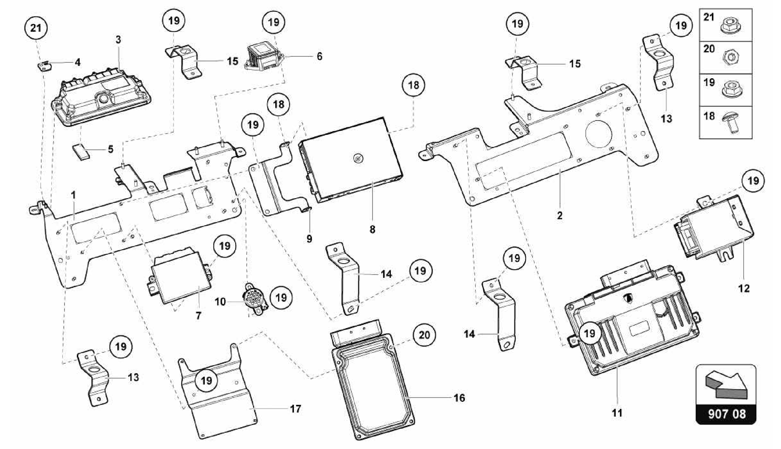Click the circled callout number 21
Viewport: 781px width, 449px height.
pyautogui.click(x=36, y=28)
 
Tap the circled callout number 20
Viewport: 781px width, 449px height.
pyautogui.click(x=424, y=335)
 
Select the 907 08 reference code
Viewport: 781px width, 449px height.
pyautogui.click(x=726, y=414)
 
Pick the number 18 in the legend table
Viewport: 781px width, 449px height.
pyautogui.click(x=709, y=116)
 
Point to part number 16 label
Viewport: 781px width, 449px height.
pyautogui.click(x=459, y=398)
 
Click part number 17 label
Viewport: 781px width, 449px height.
pyautogui.click(x=296, y=409)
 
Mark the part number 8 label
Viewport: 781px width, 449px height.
pyautogui.click(x=372, y=229)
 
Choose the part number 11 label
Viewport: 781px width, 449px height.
pyautogui.click(x=617, y=412)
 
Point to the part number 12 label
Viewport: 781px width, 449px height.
pyautogui.click(x=744, y=288)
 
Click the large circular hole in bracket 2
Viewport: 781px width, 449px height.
pyautogui.click(x=599, y=134)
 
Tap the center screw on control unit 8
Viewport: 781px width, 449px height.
pyautogui.click(x=357, y=159)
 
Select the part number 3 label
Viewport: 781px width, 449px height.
pyautogui.click(x=118, y=39)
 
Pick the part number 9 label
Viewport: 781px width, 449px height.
pyautogui.click(x=309, y=239)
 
